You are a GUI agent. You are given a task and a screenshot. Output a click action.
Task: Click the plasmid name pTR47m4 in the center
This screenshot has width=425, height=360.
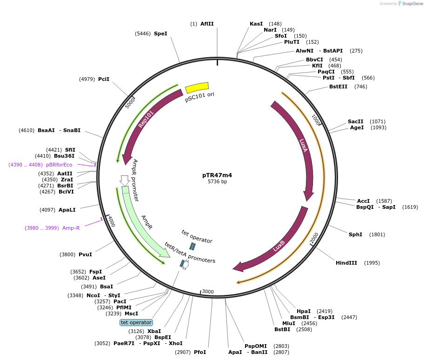coord(217,175)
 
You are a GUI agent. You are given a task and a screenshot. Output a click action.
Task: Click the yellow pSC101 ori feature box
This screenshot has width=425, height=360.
coord(197,87)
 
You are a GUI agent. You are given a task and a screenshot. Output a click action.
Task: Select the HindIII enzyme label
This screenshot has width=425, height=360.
coord(346,263)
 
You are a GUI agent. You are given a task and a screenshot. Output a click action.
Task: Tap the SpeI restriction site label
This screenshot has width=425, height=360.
coord(160,33)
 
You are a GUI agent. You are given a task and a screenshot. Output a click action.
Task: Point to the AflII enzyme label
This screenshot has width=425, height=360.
coord(207,24)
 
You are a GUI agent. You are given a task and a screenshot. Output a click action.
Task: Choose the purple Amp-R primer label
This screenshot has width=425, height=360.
coord(71,228)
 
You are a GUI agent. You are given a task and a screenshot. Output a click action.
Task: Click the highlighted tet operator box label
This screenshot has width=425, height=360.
coord(136,322)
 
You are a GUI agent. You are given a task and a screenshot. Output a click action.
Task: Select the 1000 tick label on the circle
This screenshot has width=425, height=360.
coord(316,120)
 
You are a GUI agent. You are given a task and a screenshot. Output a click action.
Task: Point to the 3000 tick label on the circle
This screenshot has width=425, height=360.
coord(208,292)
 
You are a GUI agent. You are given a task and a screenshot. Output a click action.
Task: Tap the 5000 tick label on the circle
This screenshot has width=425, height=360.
coord(130,102)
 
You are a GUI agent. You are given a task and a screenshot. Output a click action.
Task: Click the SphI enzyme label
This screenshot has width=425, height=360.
coord(355,234)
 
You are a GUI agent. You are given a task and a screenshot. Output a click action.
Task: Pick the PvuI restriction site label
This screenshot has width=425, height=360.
coord(85,254)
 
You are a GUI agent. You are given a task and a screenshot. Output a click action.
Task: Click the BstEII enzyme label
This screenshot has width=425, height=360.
coord(338,87)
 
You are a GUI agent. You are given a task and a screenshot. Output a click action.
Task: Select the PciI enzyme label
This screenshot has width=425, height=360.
coord(104,79)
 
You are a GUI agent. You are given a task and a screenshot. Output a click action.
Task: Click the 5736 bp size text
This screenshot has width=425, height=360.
coord(217,182)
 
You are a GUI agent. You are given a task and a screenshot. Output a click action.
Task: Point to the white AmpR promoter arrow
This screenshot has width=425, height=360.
coord(124,180)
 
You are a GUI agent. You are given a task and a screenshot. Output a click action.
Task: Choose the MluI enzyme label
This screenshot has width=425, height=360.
coord(288,323)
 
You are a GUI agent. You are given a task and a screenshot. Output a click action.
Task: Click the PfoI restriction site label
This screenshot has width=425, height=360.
coord(200,352)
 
